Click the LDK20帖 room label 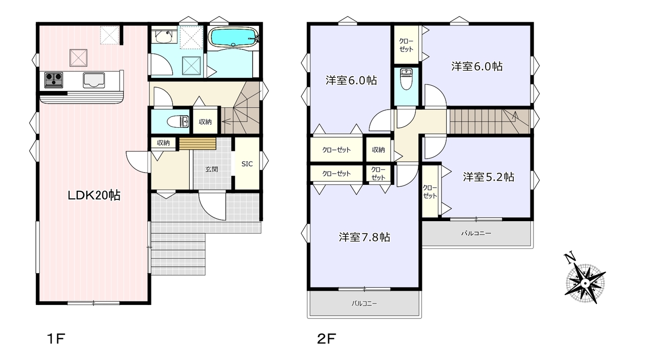[x=94, y=195]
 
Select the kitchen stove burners [x=53, y=80]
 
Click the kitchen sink [x=94, y=80]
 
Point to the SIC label [x=247, y=164]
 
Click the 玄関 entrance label [x=211, y=169]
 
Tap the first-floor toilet [x=178, y=122]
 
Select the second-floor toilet [x=406, y=79]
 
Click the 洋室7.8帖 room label [x=364, y=237]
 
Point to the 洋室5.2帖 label [x=489, y=177]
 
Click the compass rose [x=585, y=283]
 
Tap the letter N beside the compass [x=570, y=258]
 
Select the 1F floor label [x=56, y=339]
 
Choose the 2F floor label [x=327, y=339]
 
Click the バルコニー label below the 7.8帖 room [x=364, y=303]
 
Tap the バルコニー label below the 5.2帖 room [x=476, y=233]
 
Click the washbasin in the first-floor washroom [x=164, y=36]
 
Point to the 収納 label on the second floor [x=378, y=150]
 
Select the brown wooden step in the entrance [x=197, y=144]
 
